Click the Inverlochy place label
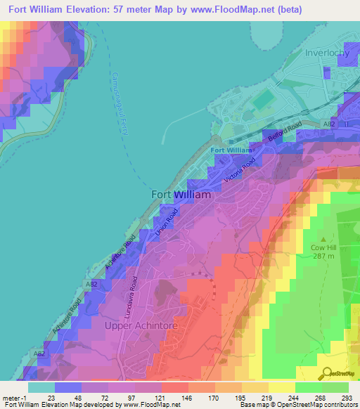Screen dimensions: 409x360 328,53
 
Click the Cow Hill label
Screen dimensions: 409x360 324,247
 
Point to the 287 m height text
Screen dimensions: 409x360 324,257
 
